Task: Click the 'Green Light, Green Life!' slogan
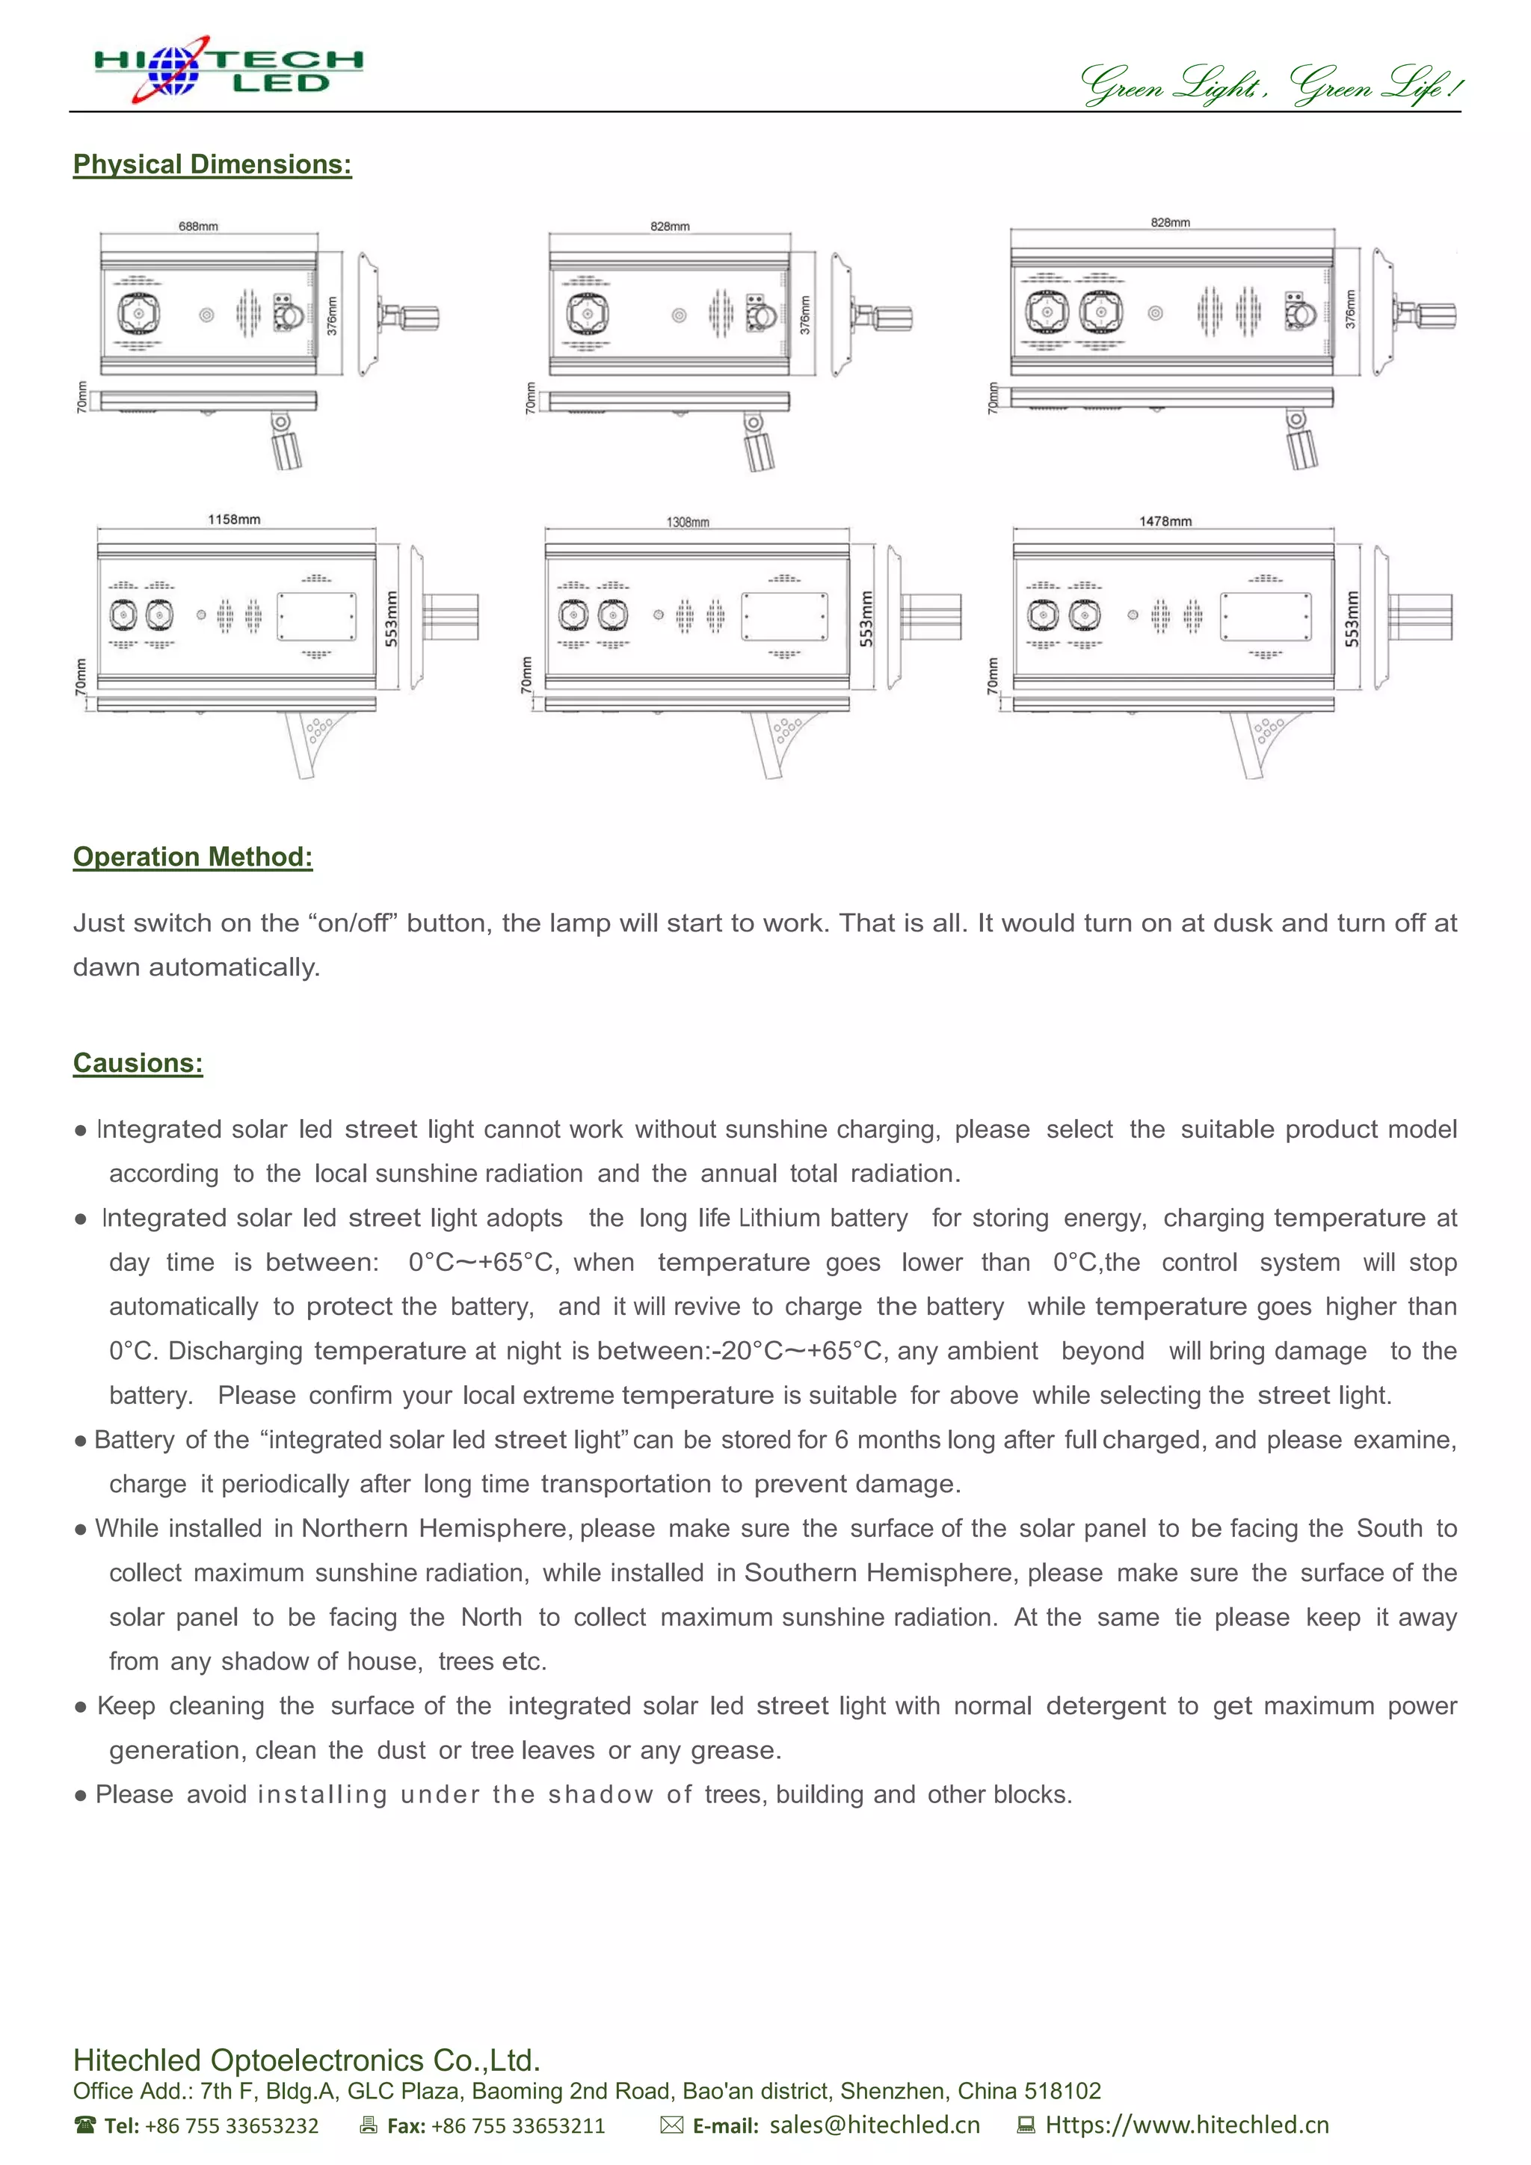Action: (1271, 85)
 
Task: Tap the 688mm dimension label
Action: (198, 227)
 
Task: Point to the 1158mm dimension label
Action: (234, 520)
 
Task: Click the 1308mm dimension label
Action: (687, 523)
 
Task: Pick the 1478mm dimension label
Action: (1165, 522)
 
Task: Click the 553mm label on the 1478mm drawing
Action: (1352, 618)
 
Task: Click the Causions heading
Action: (138, 1063)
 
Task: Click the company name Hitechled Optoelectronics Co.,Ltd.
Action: (306, 2060)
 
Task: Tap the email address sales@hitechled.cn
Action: (874, 2125)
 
